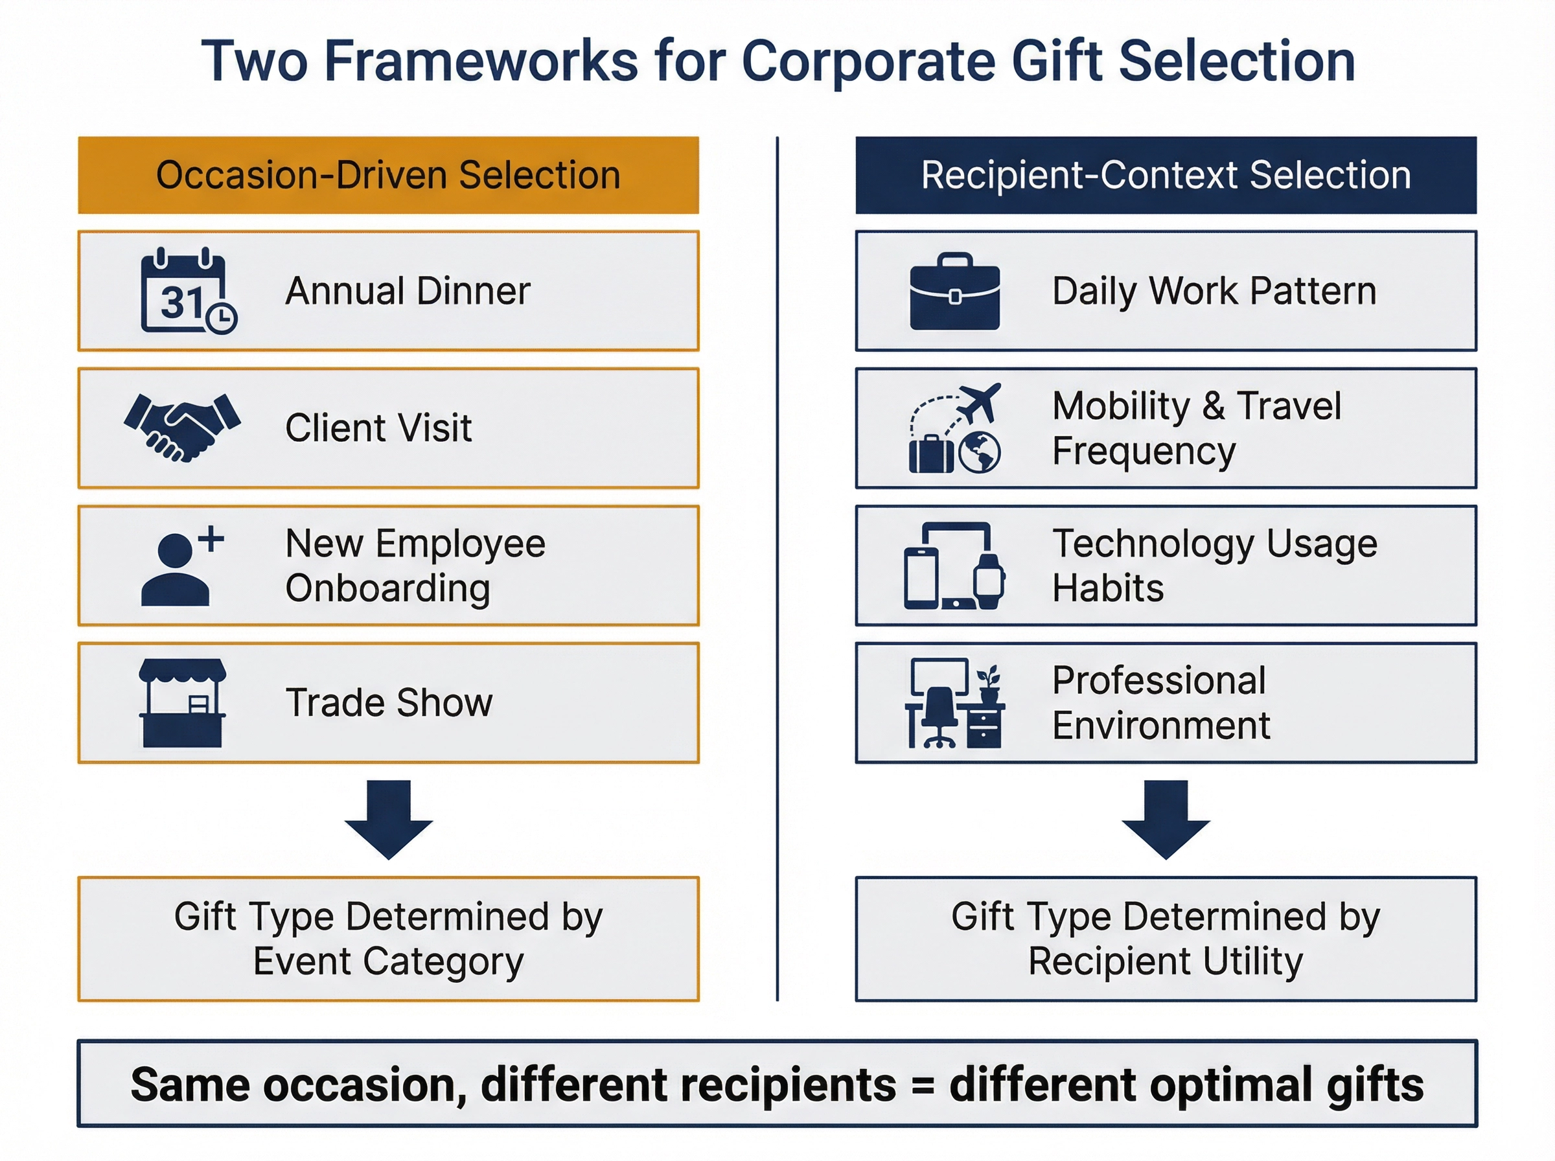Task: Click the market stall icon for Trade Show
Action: pyautogui.click(x=183, y=702)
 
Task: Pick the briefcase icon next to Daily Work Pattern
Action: pyautogui.click(x=954, y=292)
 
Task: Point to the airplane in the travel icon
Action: pyautogui.click(x=980, y=402)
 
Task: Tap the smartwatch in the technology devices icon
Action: pyautogui.click(x=989, y=582)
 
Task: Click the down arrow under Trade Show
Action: pyautogui.click(x=389, y=819)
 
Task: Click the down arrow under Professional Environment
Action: pyautogui.click(x=1165, y=819)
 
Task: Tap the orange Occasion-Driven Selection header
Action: pyautogui.click(x=389, y=175)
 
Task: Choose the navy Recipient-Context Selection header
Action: pyautogui.click(x=1165, y=175)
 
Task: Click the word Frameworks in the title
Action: pyautogui.click(x=481, y=61)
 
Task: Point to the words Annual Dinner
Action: pyautogui.click(x=408, y=291)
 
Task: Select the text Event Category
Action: pyautogui.click(x=389, y=961)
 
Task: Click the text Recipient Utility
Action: pyautogui.click(x=1165, y=961)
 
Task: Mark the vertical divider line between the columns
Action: pyautogui.click(x=777, y=562)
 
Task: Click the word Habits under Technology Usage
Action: pyautogui.click(x=1107, y=588)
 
